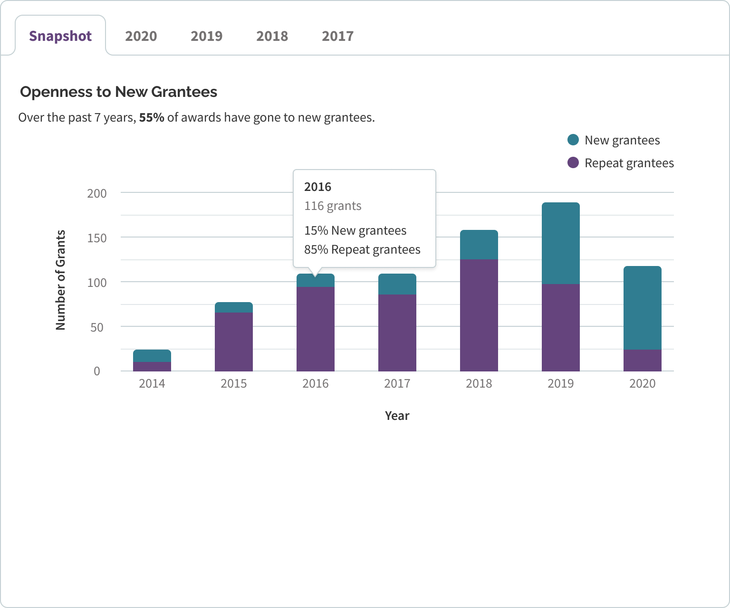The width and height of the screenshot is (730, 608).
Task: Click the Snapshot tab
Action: point(60,36)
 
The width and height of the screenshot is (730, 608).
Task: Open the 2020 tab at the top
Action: point(141,36)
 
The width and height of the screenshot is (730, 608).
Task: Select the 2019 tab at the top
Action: point(206,36)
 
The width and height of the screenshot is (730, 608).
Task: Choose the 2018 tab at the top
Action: point(272,36)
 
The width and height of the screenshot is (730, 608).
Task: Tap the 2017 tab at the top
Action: point(337,36)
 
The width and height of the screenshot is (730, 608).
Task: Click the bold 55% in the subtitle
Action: point(152,117)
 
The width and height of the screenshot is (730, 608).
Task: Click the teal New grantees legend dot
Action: point(573,140)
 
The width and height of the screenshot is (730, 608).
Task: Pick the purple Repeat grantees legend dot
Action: point(573,162)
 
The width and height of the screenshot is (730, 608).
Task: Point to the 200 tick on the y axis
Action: point(97,193)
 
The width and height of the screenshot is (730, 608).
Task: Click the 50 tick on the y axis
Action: point(97,327)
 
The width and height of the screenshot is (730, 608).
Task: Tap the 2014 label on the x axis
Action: point(152,383)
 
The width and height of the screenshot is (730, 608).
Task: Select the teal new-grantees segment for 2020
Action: point(643,308)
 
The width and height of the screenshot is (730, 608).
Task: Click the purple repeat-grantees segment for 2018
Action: point(479,315)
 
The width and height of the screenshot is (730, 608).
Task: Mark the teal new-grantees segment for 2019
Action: point(561,243)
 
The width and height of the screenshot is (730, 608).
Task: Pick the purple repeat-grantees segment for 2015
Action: point(234,342)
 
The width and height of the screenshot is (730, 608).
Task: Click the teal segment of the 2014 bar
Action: point(152,356)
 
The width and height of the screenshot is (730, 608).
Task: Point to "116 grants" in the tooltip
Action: point(333,206)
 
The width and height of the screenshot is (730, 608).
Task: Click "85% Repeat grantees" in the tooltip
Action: point(362,250)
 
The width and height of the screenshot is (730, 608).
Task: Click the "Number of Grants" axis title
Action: point(60,280)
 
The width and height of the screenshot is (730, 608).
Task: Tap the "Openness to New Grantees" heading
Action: point(118,92)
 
